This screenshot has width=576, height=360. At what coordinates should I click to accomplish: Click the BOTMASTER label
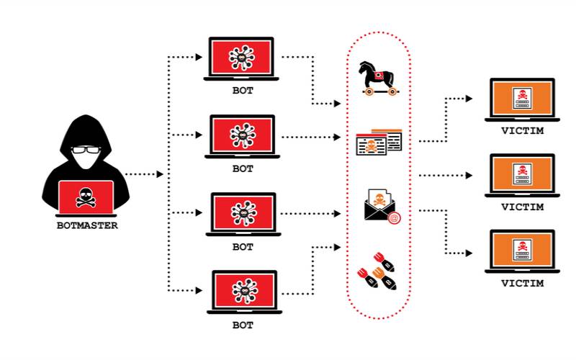tap(86, 225)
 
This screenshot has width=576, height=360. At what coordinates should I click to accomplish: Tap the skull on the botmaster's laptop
tap(86, 196)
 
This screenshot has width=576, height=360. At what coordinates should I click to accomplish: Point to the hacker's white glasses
tap(86, 150)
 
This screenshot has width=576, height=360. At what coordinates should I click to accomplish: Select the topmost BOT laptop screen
tap(243, 55)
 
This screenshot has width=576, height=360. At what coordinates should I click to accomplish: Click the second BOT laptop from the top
tap(243, 134)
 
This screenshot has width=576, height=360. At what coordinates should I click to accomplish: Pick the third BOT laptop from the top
tap(243, 212)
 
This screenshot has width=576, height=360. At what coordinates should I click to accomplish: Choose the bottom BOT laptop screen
tap(243, 290)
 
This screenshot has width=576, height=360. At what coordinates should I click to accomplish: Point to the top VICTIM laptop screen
tap(521, 98)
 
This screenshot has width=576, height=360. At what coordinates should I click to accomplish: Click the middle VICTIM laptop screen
tap(521, 174)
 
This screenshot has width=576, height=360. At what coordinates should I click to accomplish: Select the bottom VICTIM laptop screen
tap(521, 250)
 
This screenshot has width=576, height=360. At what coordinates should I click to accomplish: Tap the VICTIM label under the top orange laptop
tap(521, 131)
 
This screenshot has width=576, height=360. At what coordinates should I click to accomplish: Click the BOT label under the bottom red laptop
tap(243, 325)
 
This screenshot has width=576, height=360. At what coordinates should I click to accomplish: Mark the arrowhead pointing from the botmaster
tap(160, 174)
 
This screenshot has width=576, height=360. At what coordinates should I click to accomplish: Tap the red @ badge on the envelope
tap(393, 217)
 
